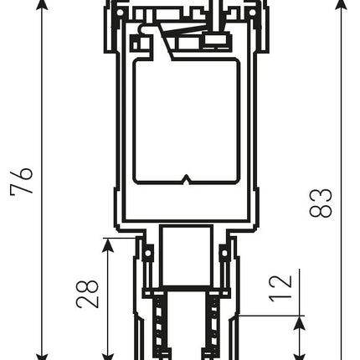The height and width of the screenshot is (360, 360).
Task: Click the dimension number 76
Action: pyautogui.click(x=22, y=181)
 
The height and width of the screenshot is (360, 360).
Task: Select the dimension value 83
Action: pyautogui.click(x=321, y=203)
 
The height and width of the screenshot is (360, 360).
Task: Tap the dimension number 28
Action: pyautogui.click(x=87, y=294)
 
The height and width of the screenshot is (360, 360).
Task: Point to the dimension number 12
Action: pyautogui.click(x=280, y=289)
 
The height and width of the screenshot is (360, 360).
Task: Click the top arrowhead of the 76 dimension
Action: pyautogui.click(x=42, y=5)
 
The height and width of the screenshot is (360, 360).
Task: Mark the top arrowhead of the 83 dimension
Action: pyautogui.click(x=341, y=5)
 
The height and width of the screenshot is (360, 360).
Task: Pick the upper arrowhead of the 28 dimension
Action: pyautogui.click(x=108, y=245)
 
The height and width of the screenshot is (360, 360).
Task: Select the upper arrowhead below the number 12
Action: pyautogui.click(x=300, y=323)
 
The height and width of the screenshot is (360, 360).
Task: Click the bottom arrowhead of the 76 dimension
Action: pyautogui.click(x=42, y=357)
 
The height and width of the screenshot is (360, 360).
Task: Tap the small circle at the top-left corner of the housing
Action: pyautogui.click(x=120, y=13)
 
